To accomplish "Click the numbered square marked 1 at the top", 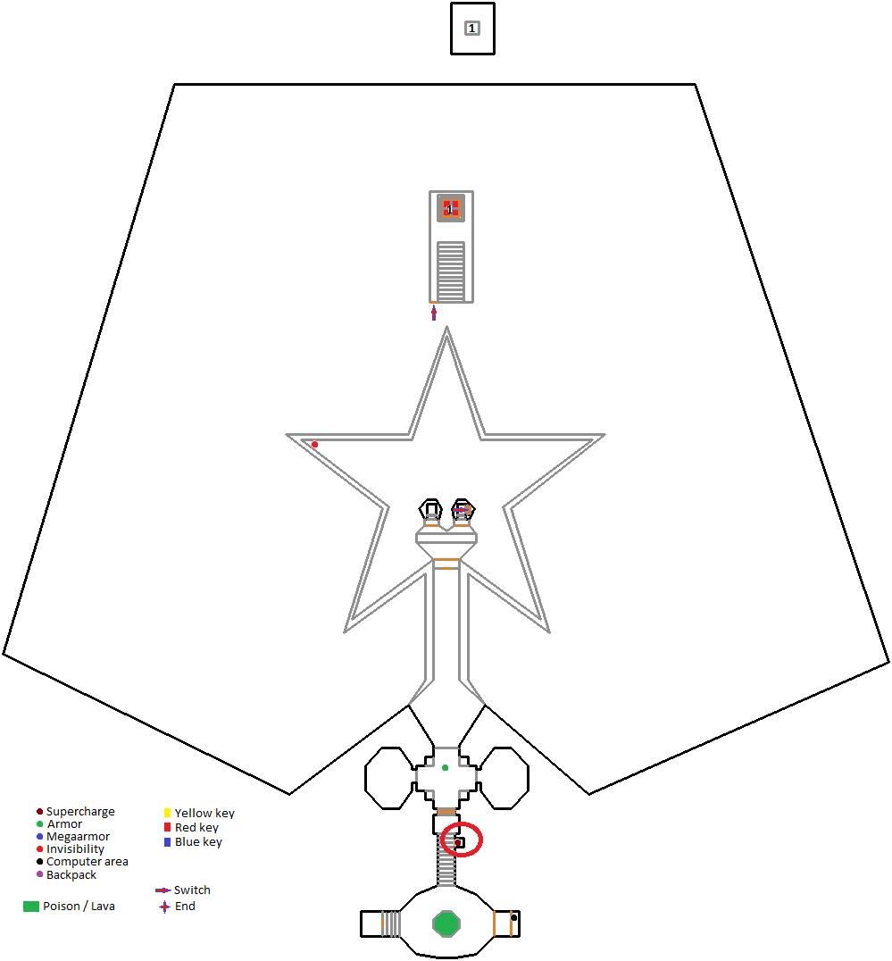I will click(x=471, y=29).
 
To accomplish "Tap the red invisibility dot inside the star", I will click(x=314, y=444).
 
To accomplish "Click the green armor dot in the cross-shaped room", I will click(x=445, y=767).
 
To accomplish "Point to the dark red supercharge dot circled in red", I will click(x=457, y=842).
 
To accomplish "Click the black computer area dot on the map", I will click(x=513, y=917).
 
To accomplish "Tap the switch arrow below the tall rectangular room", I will click(x=434, y=313).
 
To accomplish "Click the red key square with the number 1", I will click(x=451, y=208).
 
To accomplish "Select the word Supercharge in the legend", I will click(x=80, y=812).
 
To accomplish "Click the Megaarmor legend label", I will click(x=78, y=837).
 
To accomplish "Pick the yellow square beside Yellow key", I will click(x=167, y=813).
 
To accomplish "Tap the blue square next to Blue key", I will click(x=167, y=842).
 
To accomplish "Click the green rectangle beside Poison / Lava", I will click(x=31, y=907).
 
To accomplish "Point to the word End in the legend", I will click(x=185, y=907).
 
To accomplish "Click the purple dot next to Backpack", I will click(x=39, y=874).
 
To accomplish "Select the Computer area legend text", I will click(x=87, y=862).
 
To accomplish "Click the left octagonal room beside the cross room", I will click(x=389, y=779).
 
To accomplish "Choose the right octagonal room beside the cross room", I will click(x=504, y=779).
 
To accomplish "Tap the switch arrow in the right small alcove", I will click(x=463, y=509).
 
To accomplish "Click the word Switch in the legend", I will click(x=192, y=890).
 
